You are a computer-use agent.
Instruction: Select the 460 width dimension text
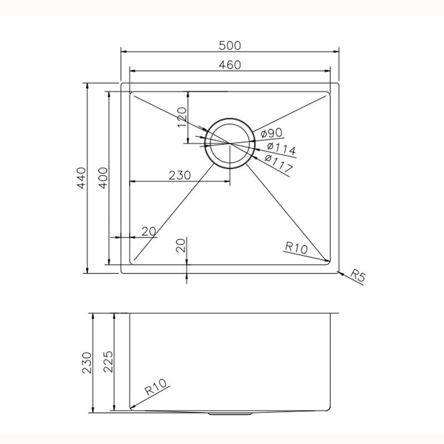pyautogui.click(x=230, y=65)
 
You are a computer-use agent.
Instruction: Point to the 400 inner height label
pyautogui.click(x=104, y=178)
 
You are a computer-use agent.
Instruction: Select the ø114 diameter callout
pyautogui.click(x=280, y=148)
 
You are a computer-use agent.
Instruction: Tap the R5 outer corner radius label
pyautogui.click(x=359, y=277)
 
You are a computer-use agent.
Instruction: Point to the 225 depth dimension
pyautogui.click(x=108, y=362)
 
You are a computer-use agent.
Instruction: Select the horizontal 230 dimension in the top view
pyautogui.click(x=180, y=175)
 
